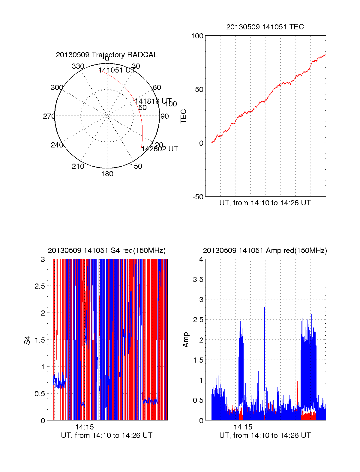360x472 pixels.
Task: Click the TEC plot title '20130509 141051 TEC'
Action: click(265, 27)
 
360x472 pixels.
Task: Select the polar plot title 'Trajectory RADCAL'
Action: click(106, 55)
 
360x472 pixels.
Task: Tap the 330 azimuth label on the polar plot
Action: click(78, 66)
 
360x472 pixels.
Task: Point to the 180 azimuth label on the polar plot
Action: click(107, 174)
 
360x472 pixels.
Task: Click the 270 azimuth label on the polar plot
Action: click(49, 116)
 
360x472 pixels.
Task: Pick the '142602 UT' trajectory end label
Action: click(160, 149)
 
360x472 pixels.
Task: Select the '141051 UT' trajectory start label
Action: click(117, 70)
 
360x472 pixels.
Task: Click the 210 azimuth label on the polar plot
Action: click(78, 166)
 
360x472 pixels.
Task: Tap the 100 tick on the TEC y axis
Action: click(197, 36)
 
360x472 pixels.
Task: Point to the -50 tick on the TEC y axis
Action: click(198, 197)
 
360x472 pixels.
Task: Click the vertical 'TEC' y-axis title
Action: click(183, 116)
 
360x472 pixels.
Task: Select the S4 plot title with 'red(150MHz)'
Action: click(106, 251)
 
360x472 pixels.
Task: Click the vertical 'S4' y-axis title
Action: click(27, 340)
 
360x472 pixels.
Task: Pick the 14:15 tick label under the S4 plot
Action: click(85, 427)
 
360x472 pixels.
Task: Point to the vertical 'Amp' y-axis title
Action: click(186, 340)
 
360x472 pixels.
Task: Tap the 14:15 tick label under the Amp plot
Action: click(243, 427)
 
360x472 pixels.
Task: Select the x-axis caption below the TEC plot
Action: click(265, 203)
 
